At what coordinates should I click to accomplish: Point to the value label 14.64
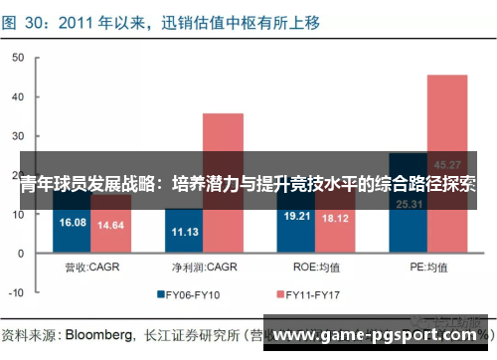[111, 225]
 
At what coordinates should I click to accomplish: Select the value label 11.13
[185, 231]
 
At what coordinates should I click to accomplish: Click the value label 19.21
[297, 215]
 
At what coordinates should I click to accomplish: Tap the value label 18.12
[335, 218]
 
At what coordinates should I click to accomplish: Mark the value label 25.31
[409, 205]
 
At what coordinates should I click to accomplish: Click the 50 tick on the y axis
[16, 58]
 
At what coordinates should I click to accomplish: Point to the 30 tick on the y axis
[16, 136]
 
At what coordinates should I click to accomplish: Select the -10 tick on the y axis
[14, 293]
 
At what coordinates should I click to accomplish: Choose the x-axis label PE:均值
[427, 267]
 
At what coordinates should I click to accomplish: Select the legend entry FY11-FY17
[316, 294]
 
